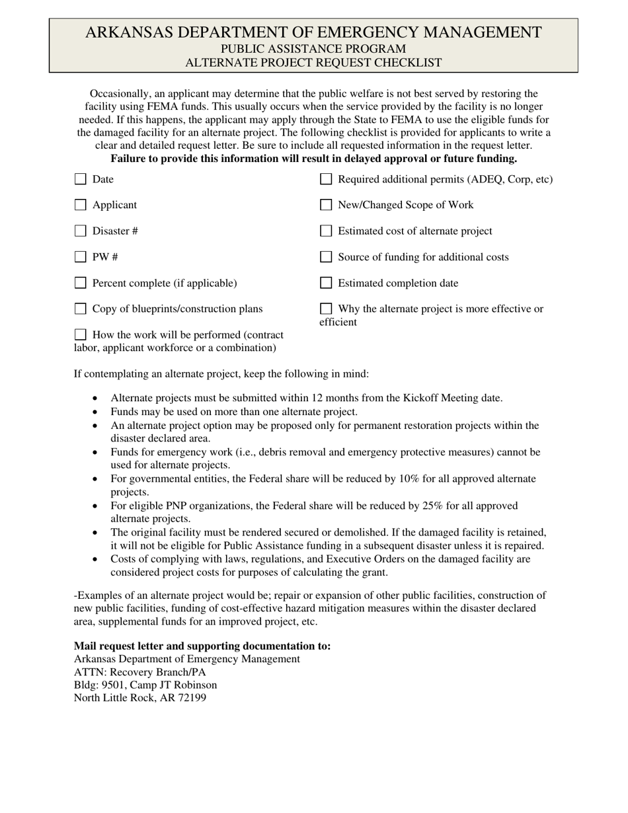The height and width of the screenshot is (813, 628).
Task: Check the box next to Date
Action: [x=81, y=179]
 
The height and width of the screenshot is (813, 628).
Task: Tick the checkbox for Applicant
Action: [x=81, y=205]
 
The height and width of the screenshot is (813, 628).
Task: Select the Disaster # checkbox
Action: [x=81, y=231]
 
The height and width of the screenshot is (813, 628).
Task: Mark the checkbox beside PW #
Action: [x=81, y=257]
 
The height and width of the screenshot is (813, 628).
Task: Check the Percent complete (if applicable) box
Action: [x=81, y=283]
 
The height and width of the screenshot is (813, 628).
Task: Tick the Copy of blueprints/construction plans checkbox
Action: [x=81, y=309]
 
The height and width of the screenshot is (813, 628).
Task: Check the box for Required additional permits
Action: [x=326, y=179]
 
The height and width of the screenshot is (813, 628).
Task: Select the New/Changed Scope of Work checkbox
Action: [x=326, y=205]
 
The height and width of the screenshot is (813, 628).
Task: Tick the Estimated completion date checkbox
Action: [x=326, y=283]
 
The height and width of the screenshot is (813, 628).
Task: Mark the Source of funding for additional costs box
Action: [x=326, y=257]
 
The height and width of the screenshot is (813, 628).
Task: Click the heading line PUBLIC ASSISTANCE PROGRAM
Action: [x=313, y=49]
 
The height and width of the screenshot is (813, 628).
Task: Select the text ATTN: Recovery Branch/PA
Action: [x=139, y=672]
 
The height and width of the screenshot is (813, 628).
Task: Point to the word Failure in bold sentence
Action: [x=129, y=159]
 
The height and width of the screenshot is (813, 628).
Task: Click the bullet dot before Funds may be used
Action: [x=96, y=412]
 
